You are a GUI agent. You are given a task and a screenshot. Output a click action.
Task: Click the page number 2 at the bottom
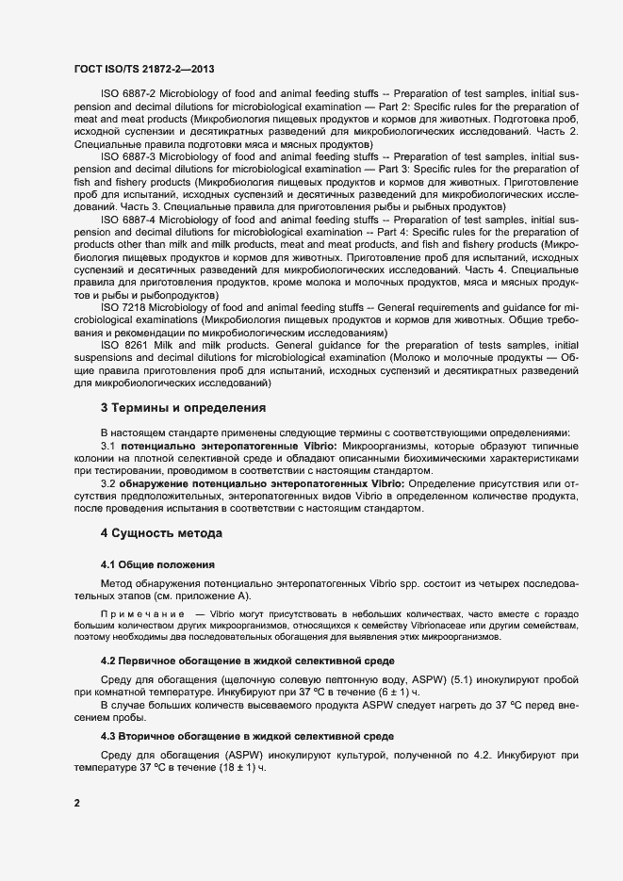(76, 803)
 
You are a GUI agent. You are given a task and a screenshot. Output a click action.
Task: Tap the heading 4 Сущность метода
(161, 533)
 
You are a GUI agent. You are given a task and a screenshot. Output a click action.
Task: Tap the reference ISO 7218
(121, 307)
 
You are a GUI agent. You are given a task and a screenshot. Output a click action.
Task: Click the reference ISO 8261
(122, 345)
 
